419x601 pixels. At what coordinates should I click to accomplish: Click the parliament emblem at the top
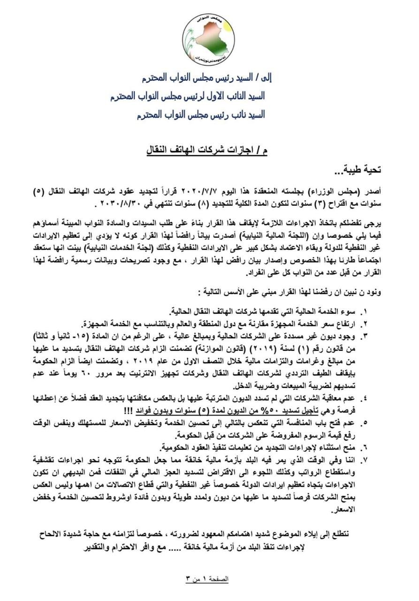[x=208, y=39]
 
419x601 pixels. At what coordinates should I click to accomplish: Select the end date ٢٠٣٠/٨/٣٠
[x=117, y=204]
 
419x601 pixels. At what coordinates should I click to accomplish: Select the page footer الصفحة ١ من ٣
[x=207, y=579]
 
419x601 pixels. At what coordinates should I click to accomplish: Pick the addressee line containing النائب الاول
[x=188, y=96]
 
